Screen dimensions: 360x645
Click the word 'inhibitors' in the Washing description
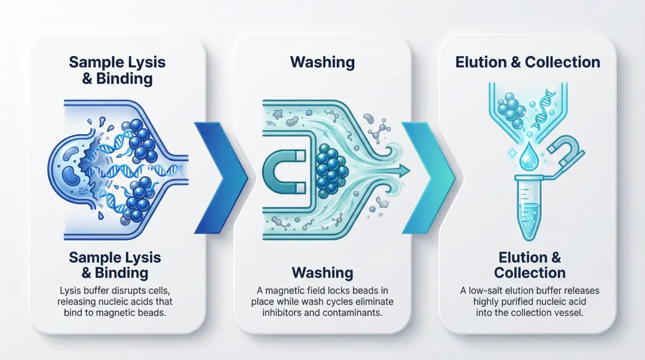tap(272, 313)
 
